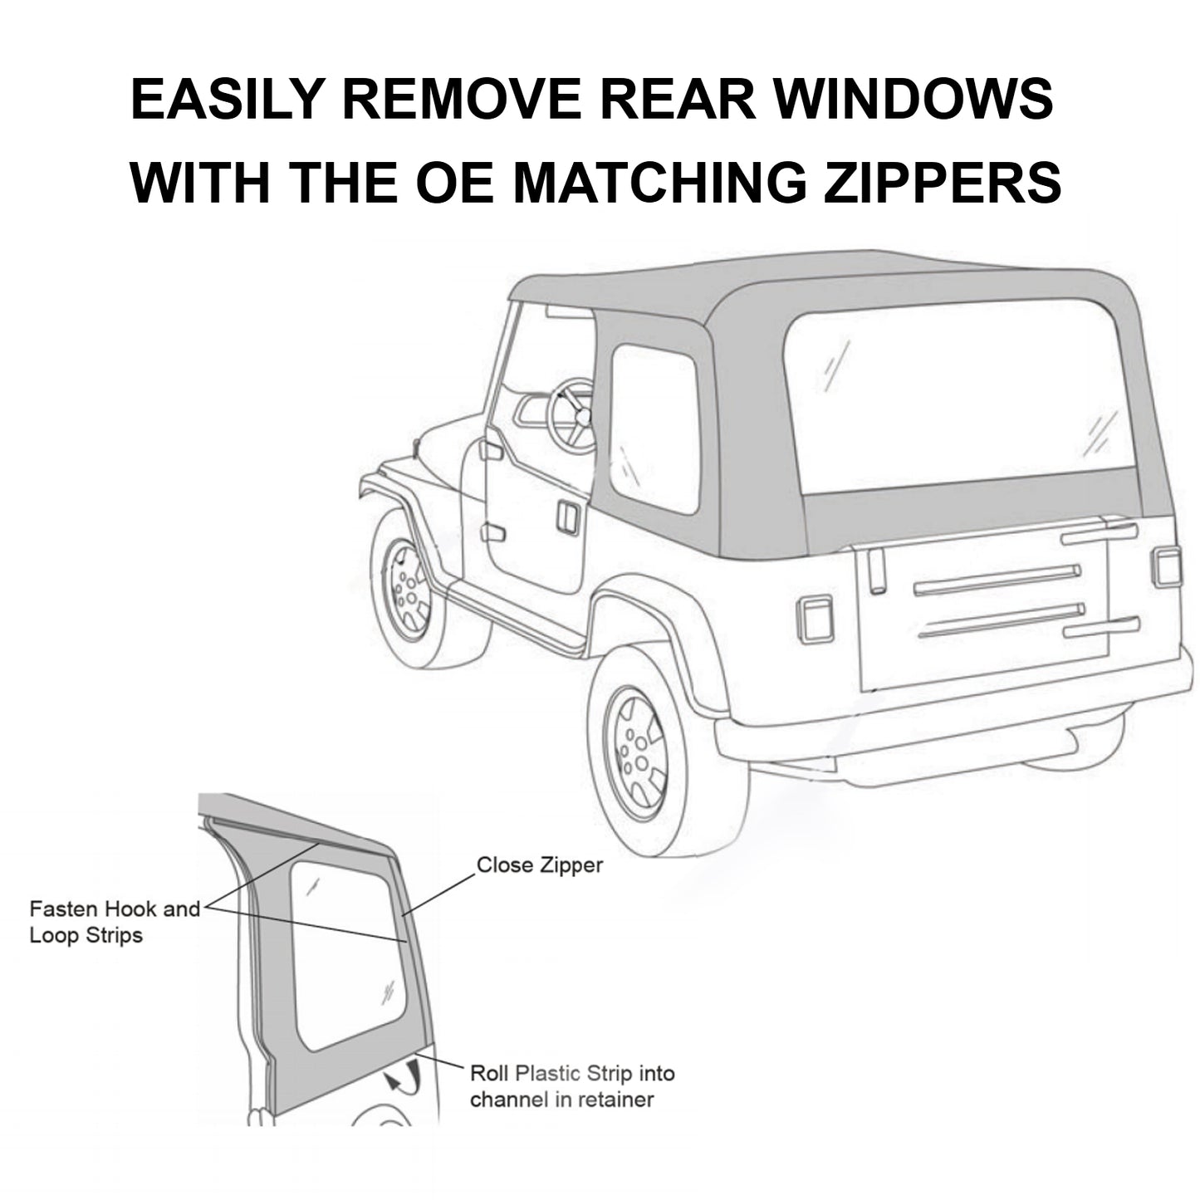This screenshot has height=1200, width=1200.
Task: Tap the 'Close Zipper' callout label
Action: [539, 865]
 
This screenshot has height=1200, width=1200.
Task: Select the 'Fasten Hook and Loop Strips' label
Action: [115, 922]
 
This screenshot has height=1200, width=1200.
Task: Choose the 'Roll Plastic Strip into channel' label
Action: [572, 1086]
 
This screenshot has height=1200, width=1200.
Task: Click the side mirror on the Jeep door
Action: [490, 450]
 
